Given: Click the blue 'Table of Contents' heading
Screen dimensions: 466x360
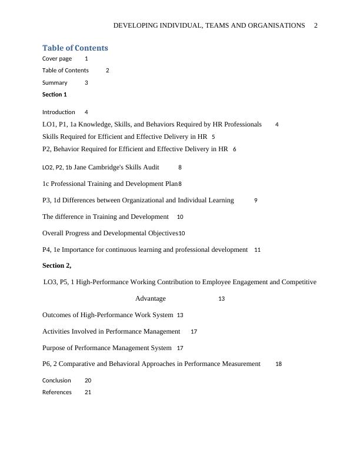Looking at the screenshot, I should pyautogui.click(x=75, y=48).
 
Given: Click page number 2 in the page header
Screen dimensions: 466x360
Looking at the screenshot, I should pyautogui.click(x=316, y=26).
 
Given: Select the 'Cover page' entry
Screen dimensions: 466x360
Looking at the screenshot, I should pyautogui.click(x=57, y=59).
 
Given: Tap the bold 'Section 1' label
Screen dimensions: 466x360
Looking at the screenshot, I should pyautogui.click(x=55, y=94).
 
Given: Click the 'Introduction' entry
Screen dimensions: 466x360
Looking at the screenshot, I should pyautogui.click(x=58, y=112).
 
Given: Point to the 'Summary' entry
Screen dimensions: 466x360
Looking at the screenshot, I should pyautogui.click(x=55, y=83).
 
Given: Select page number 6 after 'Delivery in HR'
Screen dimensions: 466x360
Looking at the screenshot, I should pyautogui.click(x=235, y=149).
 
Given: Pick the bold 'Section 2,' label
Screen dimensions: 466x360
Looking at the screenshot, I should pyautogui.click(x=56, y=265).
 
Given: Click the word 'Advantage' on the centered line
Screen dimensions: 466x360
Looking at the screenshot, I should pyautogui.click(x=151, y=298).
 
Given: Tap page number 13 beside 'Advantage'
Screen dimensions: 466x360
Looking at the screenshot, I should pyautogui.click(x=222, y=299).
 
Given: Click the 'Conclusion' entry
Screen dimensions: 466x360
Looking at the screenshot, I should pyautogui.click(x=56, y=381).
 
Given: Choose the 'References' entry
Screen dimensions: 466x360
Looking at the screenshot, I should pyautogui.click(x=57, y=392).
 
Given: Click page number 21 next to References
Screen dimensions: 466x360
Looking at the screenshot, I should pyautogui.click(x=88, y=392).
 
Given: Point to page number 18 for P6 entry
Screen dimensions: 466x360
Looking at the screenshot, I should pyautogui.click(x=278, y=364).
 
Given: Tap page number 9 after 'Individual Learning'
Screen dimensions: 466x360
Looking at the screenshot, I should pyautogui.click(x=256, y=201).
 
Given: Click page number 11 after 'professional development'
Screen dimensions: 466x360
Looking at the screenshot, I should pyautogui.click(x=258, y=250).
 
